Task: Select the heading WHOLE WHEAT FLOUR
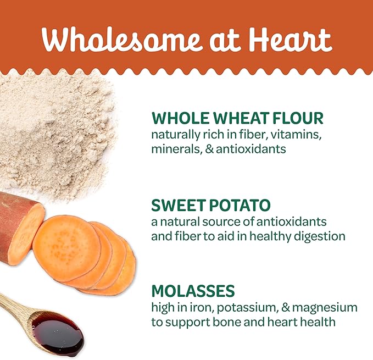[237, 119]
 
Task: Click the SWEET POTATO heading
[211, 206]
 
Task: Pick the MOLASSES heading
[193, 291]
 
